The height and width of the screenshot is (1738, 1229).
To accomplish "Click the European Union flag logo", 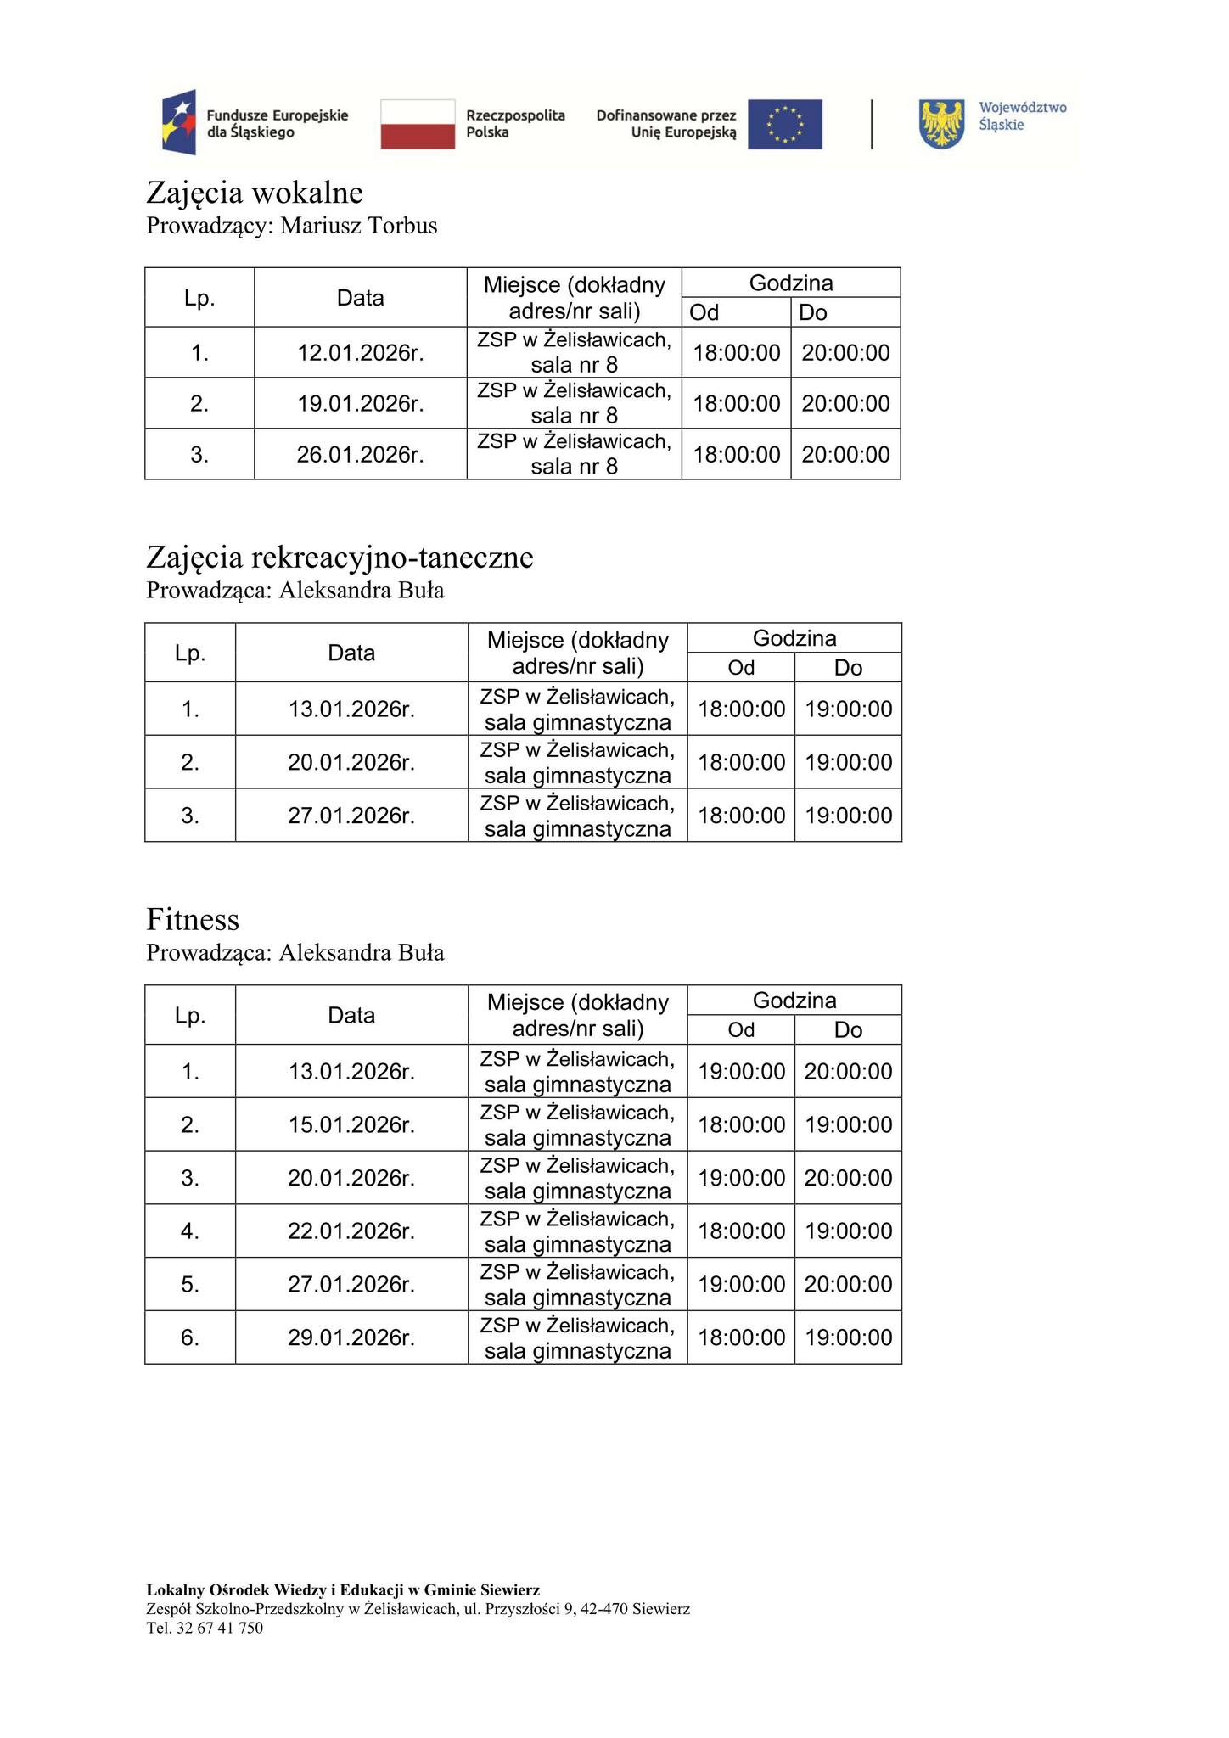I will [x=784, y=124].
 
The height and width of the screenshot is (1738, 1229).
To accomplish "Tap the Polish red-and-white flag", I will [x=418, y=124].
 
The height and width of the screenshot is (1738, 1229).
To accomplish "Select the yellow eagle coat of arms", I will [x=942, y=124].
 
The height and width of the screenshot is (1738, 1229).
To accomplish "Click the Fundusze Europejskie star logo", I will [x=180, y=122].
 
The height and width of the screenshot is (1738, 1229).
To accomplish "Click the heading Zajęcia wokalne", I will [x=255, y=193].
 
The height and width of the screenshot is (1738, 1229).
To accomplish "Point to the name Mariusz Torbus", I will [x=359, y=226].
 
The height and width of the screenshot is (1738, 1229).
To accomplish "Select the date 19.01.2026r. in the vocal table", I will [x=360, y=403].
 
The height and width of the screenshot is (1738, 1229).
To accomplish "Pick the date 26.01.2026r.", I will [x=360, y=454].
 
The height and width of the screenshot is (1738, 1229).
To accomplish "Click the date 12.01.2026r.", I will [x=360, y=352].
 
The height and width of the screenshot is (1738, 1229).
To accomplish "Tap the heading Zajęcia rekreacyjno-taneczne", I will [x=340, y=558].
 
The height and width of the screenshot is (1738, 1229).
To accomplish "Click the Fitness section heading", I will [x=193, y=919].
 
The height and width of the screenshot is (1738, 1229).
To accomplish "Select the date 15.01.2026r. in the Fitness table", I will [x=351, y=1124].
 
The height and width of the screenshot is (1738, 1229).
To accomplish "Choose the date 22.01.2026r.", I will [x=351, y=1231].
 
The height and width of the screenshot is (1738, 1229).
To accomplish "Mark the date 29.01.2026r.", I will [x=351, y=1337].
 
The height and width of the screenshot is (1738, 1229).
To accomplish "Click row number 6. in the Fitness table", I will [x=190, y=1337].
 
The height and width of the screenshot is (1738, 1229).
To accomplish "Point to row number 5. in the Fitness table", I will [x=190, y=1284].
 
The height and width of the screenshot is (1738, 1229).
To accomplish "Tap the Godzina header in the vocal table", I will [x=790, y=283].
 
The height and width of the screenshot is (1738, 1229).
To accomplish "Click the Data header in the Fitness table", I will [x=351, y=1015].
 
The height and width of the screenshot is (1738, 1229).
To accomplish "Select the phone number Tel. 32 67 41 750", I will [x=205, y=1628].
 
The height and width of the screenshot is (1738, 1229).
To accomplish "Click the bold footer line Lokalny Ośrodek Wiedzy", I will [x=343, y=1589].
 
